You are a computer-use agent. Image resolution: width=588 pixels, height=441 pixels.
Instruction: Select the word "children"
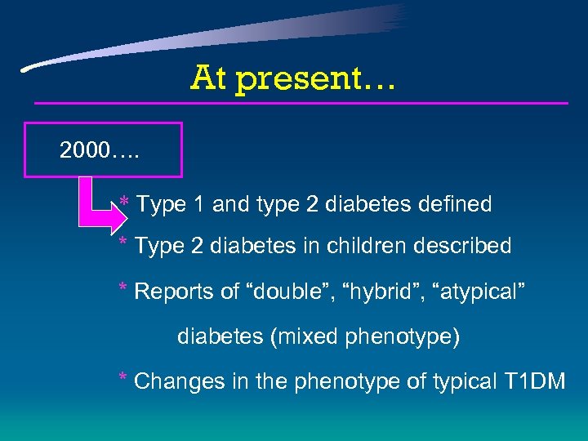click(376, 245)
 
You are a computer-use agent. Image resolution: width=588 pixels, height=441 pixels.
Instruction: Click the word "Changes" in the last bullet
click(171, 381)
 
